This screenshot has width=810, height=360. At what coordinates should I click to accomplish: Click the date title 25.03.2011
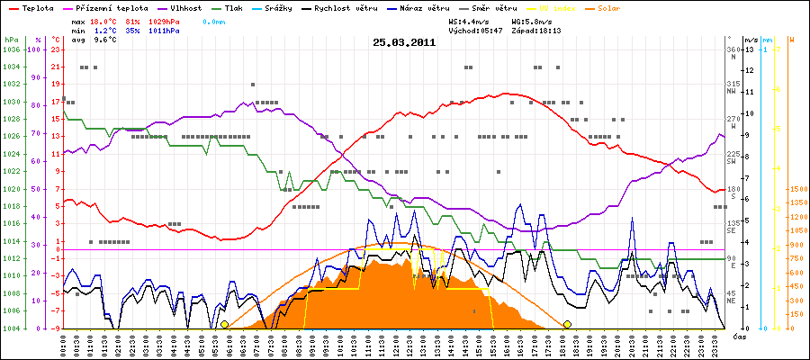tap(405, 42)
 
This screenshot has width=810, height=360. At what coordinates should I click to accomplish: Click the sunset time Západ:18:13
tap(537, 31)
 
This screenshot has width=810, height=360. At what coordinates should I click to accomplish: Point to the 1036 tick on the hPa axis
tap(11, 49)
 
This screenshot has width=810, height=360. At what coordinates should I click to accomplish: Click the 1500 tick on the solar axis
tap(795, 190)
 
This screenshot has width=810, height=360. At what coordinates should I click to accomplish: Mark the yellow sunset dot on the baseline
tap(567, 324)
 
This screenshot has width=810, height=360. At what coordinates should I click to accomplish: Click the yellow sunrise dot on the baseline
tap(224, 324)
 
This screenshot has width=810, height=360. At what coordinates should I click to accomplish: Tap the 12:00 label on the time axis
tap(396, 344)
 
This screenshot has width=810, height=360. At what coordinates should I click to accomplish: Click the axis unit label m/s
tap(751, 40)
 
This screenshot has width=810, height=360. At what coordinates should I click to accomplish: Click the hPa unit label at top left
tap(11, 40)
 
